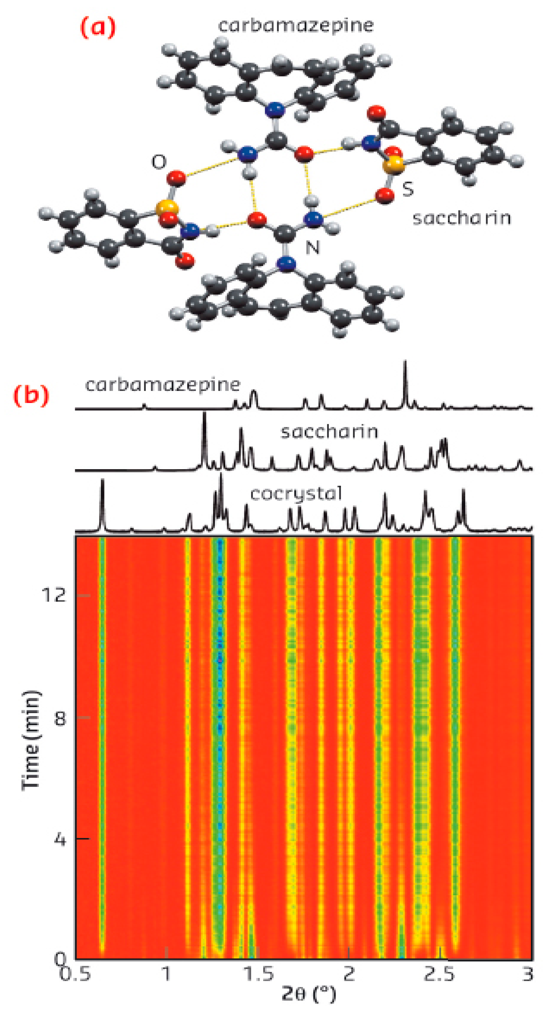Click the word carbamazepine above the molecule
[296, 25]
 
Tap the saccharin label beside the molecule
[462, 218]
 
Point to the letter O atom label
[159, 162]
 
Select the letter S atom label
[408, 189]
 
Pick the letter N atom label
[313, 247]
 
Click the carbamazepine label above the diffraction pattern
[163, 385]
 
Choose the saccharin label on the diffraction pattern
[330, 432]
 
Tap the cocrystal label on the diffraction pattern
[296, 494]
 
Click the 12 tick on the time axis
[54, 595]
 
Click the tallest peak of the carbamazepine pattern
[405, 363]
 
